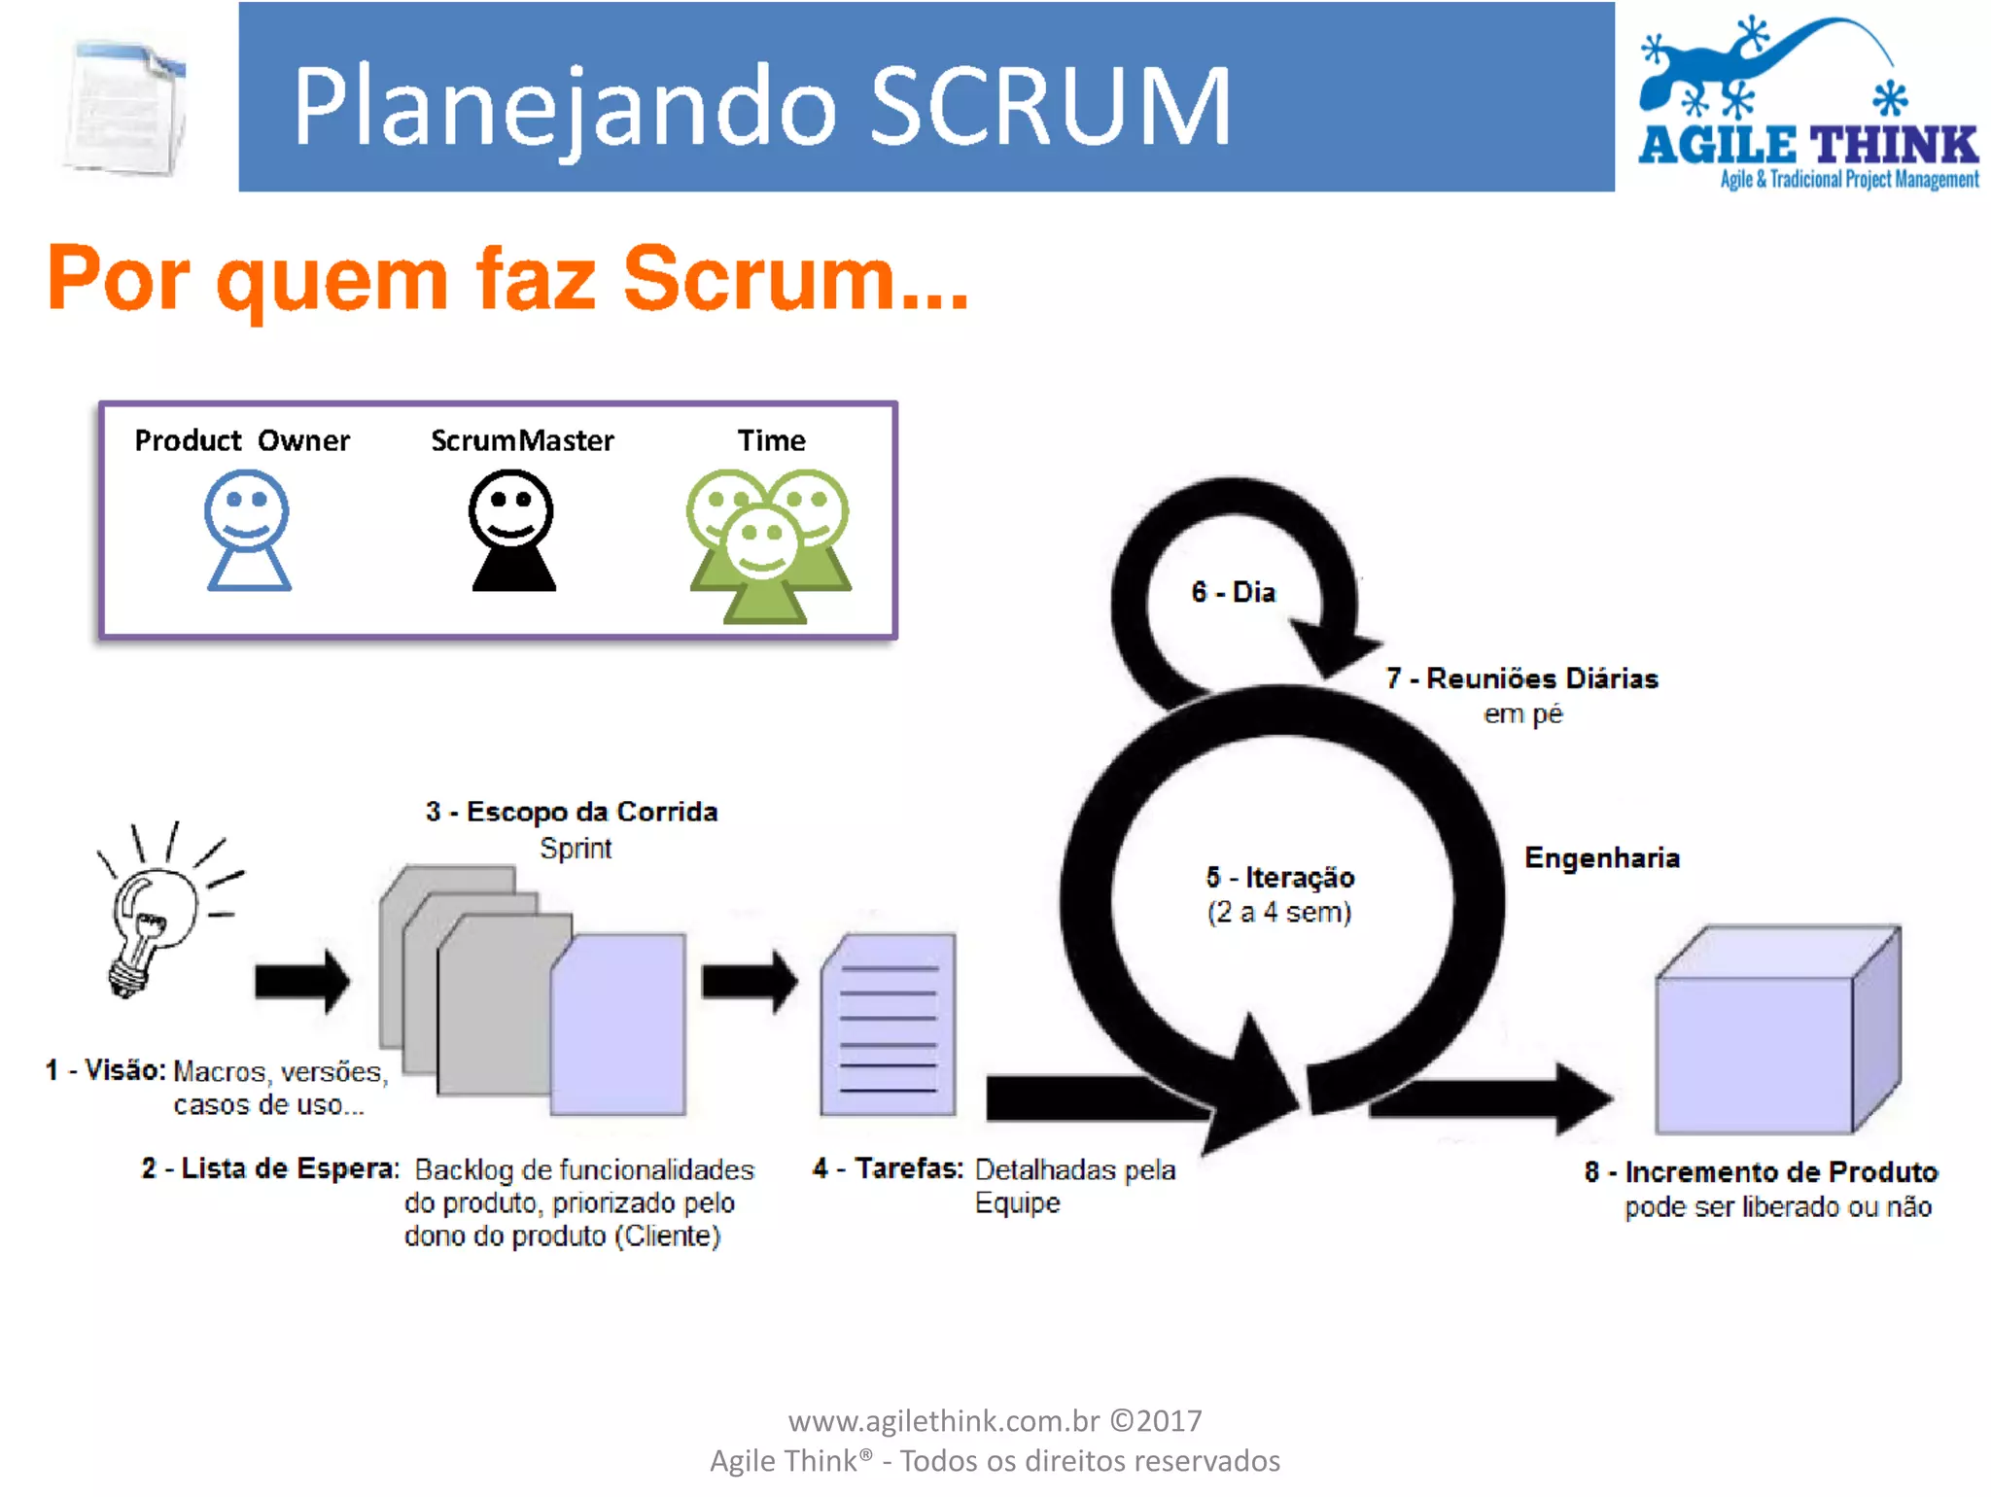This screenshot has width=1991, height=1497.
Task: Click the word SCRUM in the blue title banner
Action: point(1050,107)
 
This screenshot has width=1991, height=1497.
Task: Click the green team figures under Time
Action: point(768,544)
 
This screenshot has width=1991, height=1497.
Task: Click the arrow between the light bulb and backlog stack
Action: point(301,981)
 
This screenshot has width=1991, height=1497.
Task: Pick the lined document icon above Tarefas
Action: point(888,1025)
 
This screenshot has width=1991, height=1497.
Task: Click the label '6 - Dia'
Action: point(1233,592)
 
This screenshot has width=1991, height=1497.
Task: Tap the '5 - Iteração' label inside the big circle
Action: point(1280,878)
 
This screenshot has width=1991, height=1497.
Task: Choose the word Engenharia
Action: point(1601,858)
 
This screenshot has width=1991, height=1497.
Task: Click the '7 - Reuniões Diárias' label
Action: point(1521,679)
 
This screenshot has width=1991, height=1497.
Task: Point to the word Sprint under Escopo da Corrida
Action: point(576,849)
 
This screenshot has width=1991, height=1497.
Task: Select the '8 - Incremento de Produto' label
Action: point(1761,1172)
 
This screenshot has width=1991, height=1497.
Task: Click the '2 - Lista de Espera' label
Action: point(270,1168)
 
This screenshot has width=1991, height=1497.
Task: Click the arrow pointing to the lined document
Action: point(749,981)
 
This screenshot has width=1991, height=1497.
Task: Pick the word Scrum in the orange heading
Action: point(758,279)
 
